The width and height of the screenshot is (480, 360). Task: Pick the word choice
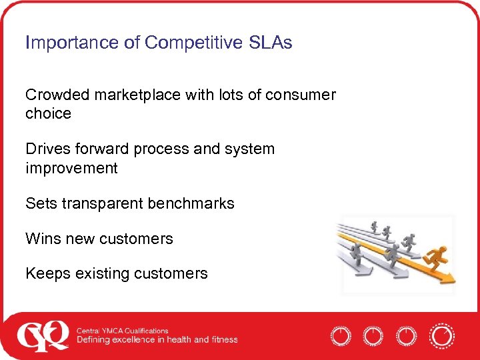tap(48, 114)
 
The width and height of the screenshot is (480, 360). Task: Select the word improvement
tap(71, 168)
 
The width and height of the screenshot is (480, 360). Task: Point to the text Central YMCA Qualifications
tap(122, 331)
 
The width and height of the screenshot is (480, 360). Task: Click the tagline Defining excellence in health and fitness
tap(157, 340)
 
